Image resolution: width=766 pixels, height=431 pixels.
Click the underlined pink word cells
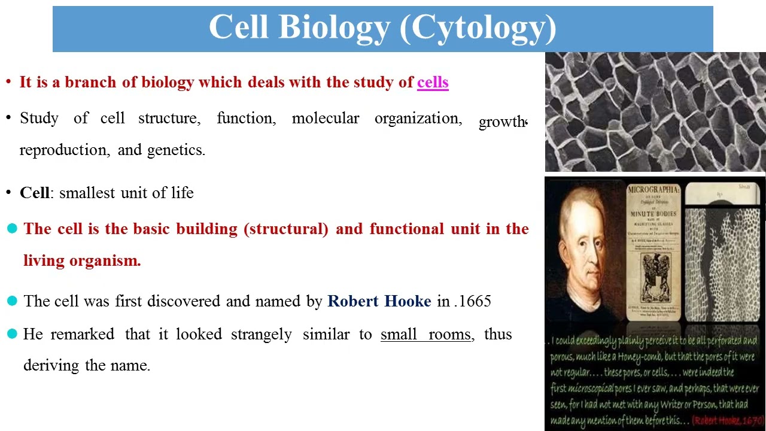click(x=433, y=83)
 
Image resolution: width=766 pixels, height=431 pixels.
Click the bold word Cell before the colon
click(x=34, y=193)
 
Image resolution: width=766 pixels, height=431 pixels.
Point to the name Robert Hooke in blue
click(x=379, y=301)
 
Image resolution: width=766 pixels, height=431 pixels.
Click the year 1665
click(x=475, y=301)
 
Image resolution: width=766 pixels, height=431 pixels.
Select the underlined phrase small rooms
click(x=425, y=334)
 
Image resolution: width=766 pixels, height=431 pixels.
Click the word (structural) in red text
click(x=286, y=229)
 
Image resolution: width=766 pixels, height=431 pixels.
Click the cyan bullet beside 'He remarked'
click(x=12, y=334)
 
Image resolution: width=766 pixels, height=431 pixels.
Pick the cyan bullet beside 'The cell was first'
click(x=12, y=301)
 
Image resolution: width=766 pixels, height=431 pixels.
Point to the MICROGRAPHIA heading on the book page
click(x=653, y=190)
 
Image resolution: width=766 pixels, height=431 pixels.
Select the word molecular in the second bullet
click(x=325, y=119)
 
